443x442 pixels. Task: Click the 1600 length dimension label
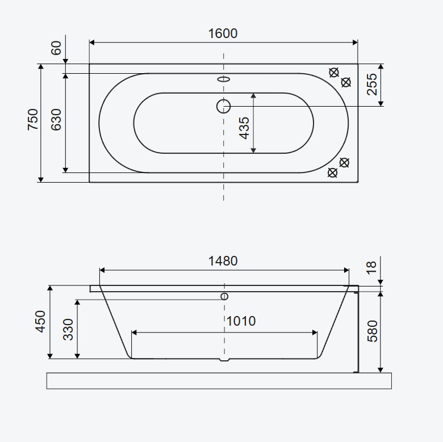click(223, 33)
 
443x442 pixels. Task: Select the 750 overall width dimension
click(33, 119)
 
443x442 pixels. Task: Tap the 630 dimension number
click(56, 119)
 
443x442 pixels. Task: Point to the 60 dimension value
click(56, 48)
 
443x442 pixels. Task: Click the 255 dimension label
click(372, 85)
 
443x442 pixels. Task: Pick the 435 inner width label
click(244, 128)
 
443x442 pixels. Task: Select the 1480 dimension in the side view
click(223, 261)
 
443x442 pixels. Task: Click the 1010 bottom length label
click(241, 321)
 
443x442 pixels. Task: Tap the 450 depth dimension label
click(40, 322)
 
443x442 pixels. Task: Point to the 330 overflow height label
click(68, 330)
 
